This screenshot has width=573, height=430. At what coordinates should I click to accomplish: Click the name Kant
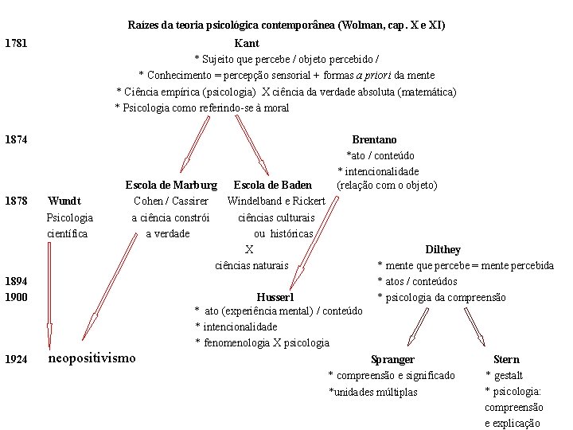(247, 43)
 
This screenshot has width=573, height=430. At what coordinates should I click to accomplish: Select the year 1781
(16, 43)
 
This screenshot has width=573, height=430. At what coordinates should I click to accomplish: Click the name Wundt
(64, 201)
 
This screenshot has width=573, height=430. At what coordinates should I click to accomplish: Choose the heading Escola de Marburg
(171, 186)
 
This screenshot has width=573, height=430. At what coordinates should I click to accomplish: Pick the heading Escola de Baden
(272, 186)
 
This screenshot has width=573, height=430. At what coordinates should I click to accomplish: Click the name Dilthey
(442, 249)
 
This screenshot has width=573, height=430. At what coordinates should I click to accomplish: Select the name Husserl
(275, 297)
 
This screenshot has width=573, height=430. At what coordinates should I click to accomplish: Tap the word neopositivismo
(92, 358)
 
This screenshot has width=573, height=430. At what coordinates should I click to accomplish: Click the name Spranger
(392, 360)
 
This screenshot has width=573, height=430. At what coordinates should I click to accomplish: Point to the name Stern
(506, 360)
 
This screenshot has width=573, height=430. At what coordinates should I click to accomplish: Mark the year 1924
(16, 360)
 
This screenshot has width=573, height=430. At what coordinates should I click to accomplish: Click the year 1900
(16, 297)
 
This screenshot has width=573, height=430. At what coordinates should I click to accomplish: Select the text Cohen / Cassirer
(171, 201)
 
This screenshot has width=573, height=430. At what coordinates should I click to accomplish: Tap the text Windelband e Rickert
(276, 201)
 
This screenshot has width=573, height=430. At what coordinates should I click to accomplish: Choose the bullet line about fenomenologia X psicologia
(263, 342)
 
